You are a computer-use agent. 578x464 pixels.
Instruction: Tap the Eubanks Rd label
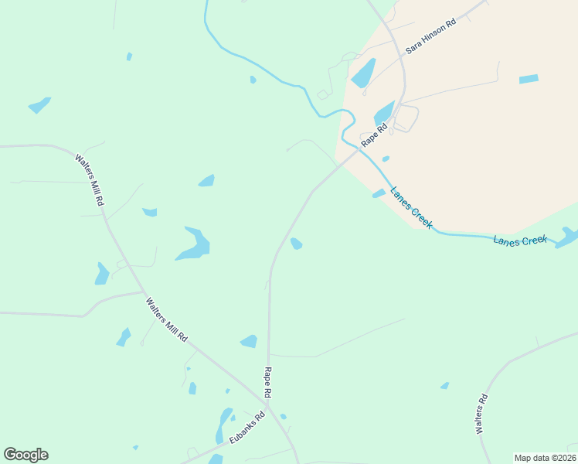click(x=246, y=428)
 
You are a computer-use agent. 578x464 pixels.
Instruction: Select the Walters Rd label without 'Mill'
click(x=481, y=414)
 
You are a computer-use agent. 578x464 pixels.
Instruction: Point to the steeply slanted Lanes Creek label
click(x=411, y=207)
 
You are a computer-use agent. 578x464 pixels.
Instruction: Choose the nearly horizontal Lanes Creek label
click(x=520, y=241)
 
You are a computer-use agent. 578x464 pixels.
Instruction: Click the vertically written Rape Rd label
click(x=267, y=383)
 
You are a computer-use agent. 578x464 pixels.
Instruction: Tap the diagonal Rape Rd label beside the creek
click(x=373, y=137)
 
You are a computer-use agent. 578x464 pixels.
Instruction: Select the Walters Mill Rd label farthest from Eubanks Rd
click(x=89, y=179)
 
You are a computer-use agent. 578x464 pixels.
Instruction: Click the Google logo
click(x=25, y=455)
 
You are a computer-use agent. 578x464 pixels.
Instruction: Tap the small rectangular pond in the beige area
click(x=529, y=79)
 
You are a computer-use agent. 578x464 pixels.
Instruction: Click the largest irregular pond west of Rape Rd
click(x=193, y=244)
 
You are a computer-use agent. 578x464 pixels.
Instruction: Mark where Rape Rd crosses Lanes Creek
click(x=362, y=148)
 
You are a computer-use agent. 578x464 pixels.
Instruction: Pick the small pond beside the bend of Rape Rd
click(x=296, y=244)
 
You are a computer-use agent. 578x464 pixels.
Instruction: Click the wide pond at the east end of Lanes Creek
click(x=567, y=237)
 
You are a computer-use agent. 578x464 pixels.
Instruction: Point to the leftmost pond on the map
click(x=39, y=104)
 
